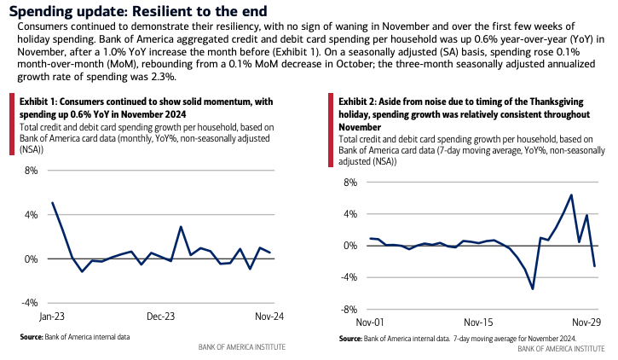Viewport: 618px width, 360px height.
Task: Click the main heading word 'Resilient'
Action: pos(170,11)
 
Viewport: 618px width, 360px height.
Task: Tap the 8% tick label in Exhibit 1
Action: pos(31,171)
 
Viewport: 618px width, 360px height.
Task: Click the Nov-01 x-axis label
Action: pos(369,323)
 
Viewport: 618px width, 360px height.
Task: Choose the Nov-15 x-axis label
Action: pos(478,323)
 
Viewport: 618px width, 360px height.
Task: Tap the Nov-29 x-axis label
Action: pos(587,323)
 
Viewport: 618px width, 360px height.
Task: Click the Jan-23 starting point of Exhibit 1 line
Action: pos(53,203)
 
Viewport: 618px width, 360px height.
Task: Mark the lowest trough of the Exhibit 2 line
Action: pos(533,288)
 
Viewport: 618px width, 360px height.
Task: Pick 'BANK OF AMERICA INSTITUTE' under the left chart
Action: pos(241,347)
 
